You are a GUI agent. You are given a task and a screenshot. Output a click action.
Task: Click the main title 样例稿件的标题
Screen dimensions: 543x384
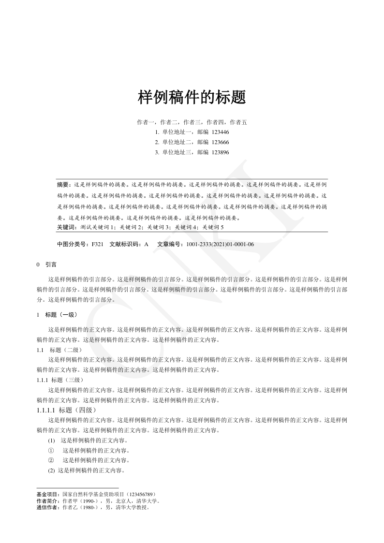pos(192,97)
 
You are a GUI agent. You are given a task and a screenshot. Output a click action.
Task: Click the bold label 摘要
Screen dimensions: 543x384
pos(63,185)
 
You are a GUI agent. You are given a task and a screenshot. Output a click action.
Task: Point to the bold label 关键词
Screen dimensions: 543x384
pos(66,227)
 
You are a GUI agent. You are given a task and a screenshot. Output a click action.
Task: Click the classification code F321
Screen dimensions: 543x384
pos(97,244)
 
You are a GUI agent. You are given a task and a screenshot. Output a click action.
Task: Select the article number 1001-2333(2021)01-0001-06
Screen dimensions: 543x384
pos(220,244)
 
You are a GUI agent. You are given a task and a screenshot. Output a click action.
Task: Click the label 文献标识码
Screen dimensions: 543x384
pos(126,244)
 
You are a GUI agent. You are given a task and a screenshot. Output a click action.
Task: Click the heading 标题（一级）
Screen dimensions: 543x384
pos(60,315)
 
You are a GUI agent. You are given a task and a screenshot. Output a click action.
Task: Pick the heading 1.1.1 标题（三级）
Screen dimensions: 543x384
pos(61,380)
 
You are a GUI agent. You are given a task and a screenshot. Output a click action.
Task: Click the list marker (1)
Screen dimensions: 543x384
pos(51,440)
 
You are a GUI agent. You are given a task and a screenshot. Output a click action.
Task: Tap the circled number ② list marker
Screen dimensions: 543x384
pos(51,460)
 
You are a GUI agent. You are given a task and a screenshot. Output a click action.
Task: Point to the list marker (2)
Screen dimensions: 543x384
pos(51,470)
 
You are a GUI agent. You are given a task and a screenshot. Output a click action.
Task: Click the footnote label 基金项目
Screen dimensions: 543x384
pos(48,495)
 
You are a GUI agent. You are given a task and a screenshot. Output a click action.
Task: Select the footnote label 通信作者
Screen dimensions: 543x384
pos(48,508)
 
